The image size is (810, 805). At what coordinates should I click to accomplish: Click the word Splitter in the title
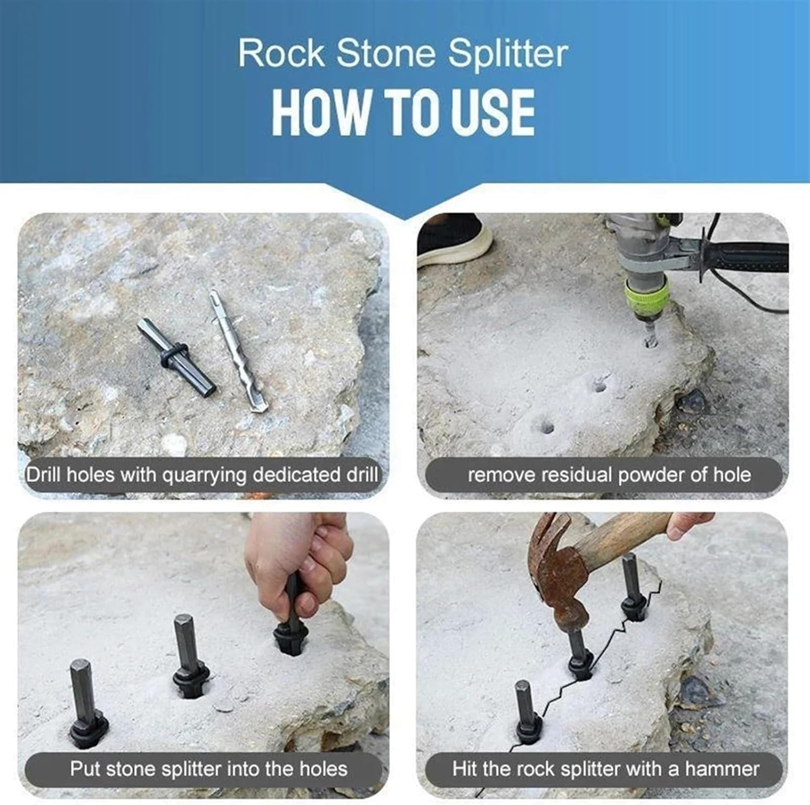pos(508,54)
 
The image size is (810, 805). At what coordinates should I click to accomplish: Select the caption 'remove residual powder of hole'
pos(609,475)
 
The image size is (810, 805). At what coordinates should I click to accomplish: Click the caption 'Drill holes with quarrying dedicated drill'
pos(202,475)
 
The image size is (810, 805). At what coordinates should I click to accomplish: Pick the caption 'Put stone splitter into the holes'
pos(208,768)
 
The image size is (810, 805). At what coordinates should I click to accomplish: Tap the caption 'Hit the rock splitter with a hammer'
pos(605,768)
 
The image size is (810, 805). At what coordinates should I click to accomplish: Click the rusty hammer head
pos(556,573)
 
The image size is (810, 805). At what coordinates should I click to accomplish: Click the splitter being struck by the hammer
pos(579,654)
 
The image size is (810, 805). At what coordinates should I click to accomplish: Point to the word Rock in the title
pos(281,54)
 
